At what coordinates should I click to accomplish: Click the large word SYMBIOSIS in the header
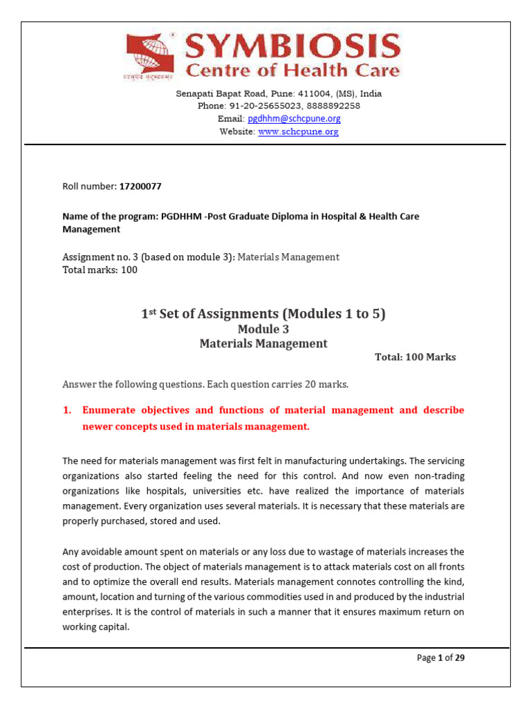(x=292, y=46)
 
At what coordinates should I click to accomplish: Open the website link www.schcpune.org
(x=298, y=131)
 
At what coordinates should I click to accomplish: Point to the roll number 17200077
(x=140, y=187)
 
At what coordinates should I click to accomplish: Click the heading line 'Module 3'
(x=263, y=329)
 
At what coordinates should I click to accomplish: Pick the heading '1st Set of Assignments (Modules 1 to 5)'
(x=263, y=314)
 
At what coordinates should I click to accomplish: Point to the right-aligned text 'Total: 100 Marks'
(x=415, y=357)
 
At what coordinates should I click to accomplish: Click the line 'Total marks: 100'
(x=100, y=270)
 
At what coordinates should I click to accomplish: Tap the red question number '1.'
(x=67, y=410)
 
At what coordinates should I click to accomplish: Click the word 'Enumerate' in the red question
(x=109, y=410)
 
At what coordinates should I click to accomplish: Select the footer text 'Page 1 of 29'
(x=440, y=658)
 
